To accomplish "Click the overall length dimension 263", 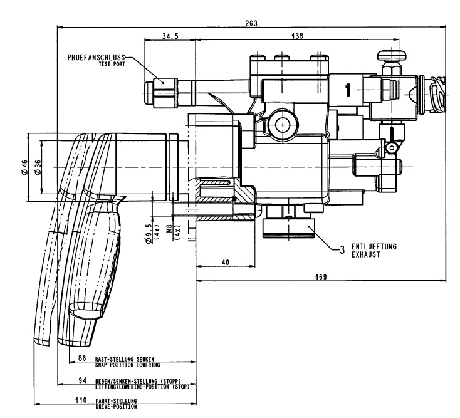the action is [251, 23].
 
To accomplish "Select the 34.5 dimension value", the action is [170, 36].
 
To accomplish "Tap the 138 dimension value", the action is [297, 36].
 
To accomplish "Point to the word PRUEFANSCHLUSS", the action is [96, 58].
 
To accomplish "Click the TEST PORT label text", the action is [112, 64].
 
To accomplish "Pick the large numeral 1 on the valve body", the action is [348, 90].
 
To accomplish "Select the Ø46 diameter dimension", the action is [24, 167].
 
